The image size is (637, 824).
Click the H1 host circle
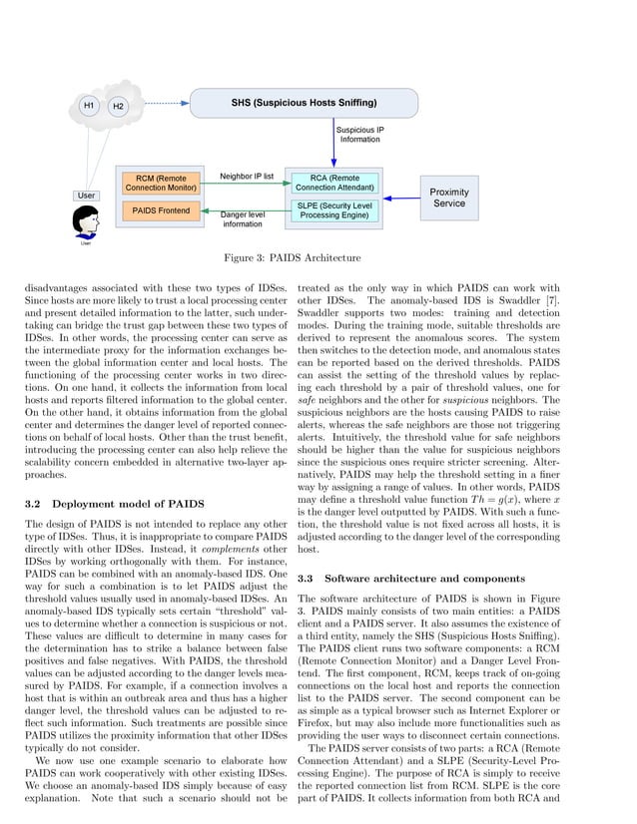pyautogui.click(x=88, y=105)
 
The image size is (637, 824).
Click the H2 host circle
pyautogui.click(x=118, y=105)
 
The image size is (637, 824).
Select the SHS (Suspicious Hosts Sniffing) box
pyautogui.click(x=304, y=103)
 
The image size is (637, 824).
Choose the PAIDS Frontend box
pyautogui.click(x=161, y=210)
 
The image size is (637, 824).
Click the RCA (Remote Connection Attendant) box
pyautogui.click(x=335, y=182)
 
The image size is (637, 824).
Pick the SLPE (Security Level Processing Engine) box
pyautogui.click(x=334, y=209)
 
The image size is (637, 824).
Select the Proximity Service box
pyautogui.click(x=449, y=198)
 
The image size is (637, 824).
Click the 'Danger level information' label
pyautogui.click(x=242, y=219)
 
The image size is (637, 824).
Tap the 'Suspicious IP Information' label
pyautogui.click(x=359, y=135)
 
